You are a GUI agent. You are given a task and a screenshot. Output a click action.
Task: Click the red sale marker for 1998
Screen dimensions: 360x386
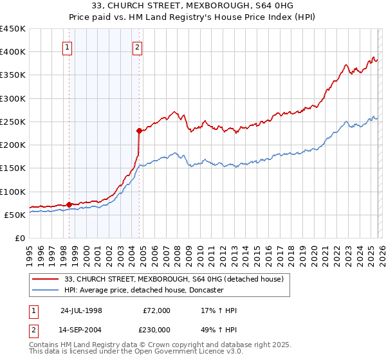(x=69, y=204)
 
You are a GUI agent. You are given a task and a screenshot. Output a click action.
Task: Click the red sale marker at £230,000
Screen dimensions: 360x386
(x=139, y=130)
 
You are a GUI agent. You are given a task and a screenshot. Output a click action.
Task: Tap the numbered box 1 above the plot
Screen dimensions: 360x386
(x=68, y=46)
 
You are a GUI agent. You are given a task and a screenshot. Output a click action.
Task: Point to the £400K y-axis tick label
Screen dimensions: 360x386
(x=13, y=52)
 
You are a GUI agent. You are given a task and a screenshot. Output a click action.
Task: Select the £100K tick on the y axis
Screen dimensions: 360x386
(x=13, y=192)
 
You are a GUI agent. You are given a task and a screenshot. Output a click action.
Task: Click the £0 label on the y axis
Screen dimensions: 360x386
(x=19, y=238)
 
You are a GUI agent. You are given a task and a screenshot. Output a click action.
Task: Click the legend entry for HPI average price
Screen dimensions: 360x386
(x=143, y=291)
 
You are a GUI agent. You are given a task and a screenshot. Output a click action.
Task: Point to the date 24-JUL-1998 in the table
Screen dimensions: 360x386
(x=81, y=310)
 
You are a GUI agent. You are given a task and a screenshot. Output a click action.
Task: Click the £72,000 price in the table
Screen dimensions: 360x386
(x=156, y=310)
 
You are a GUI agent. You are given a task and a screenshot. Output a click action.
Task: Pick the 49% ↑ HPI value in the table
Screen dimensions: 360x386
(x=219, y=331)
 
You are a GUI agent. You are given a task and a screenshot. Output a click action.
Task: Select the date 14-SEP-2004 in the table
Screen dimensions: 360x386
(x=81, y=331)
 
